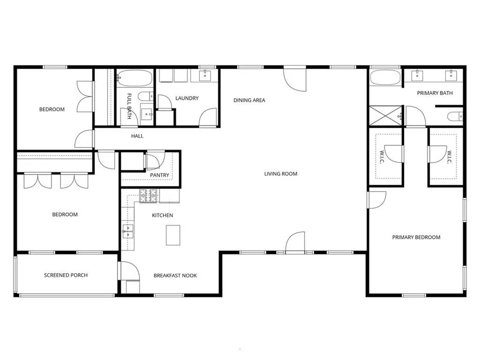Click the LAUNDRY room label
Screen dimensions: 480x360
click(187, 98)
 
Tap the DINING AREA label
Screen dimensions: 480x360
click(249, 100)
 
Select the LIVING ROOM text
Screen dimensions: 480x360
click(281, 174)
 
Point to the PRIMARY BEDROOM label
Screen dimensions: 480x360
click(416, 237)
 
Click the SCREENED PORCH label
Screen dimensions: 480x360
click(66, 275)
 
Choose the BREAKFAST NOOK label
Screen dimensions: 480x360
click(175, 276)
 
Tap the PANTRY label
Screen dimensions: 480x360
click(159, 175)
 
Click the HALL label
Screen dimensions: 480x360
click(137, 136)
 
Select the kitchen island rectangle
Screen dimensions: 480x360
click(173, 235)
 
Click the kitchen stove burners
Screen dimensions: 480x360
click(149, 196)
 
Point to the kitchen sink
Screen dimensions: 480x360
click(128, 231)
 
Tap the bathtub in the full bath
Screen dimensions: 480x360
click(135, 78)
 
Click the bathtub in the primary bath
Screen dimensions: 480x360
click(385, 78)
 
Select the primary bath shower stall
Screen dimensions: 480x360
click(385, 116)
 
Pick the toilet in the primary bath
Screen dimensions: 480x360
click(455, 116)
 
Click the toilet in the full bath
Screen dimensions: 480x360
click(146, 97)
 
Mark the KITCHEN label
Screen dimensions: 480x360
click(163, 216)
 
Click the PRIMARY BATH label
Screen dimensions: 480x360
click(435, 93)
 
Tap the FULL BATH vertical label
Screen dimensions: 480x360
click(129, 106)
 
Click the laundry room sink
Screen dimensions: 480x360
click(204, 75)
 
